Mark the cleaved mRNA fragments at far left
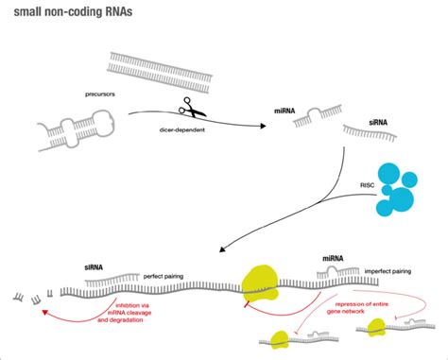(x=28, y=300)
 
